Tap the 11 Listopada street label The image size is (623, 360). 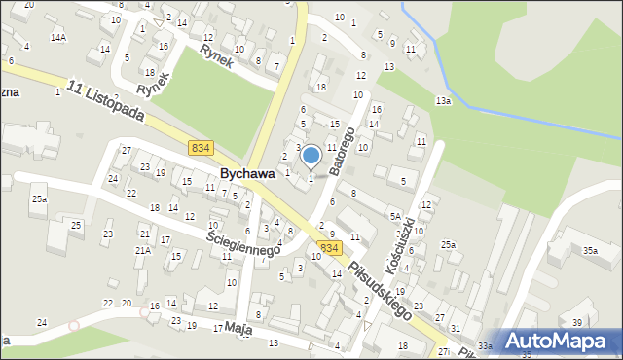(x=108, y=100)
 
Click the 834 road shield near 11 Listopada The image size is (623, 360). (x=201, y=147)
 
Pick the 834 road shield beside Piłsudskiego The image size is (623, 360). (x=330, y=249)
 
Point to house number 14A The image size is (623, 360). (x=58, y=37)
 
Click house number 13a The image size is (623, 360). (x=443, y=101)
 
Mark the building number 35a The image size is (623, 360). (x=590, y=251)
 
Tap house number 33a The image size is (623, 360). (x=485, y=346)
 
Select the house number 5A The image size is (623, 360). (x=395, y=217)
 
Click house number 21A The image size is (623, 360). (x=142, y=251)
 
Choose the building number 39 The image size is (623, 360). (x=576, y=323)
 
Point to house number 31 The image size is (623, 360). (x=455, y=329)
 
